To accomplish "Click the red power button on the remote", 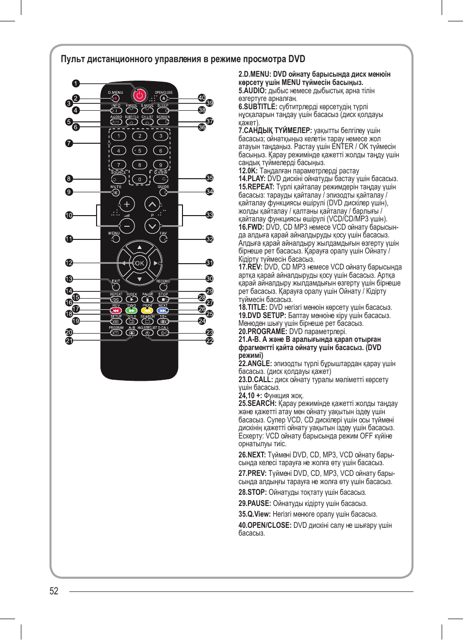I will point(139,95).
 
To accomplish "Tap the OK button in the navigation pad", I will point(139,263).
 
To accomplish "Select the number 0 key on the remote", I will point(140,179).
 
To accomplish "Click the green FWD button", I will point(132,310).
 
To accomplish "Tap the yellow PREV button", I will point(148,310).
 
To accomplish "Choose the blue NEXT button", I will point(163,310).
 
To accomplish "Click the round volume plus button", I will point(127,204).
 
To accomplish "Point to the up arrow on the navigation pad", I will point(139,248).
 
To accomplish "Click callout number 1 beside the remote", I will point(76,84).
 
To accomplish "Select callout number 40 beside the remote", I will point(202,98).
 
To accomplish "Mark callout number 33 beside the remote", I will point(210,215).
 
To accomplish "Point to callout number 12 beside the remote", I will point(69,263).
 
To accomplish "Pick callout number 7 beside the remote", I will point(69,143).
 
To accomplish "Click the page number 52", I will point(54,591).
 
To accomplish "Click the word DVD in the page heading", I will point(297,59).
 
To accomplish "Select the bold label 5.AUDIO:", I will point(252,91).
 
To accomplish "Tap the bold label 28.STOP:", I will point(252,492).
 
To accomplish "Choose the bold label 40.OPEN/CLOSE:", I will point(265,525).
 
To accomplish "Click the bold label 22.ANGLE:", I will point(255,364).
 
